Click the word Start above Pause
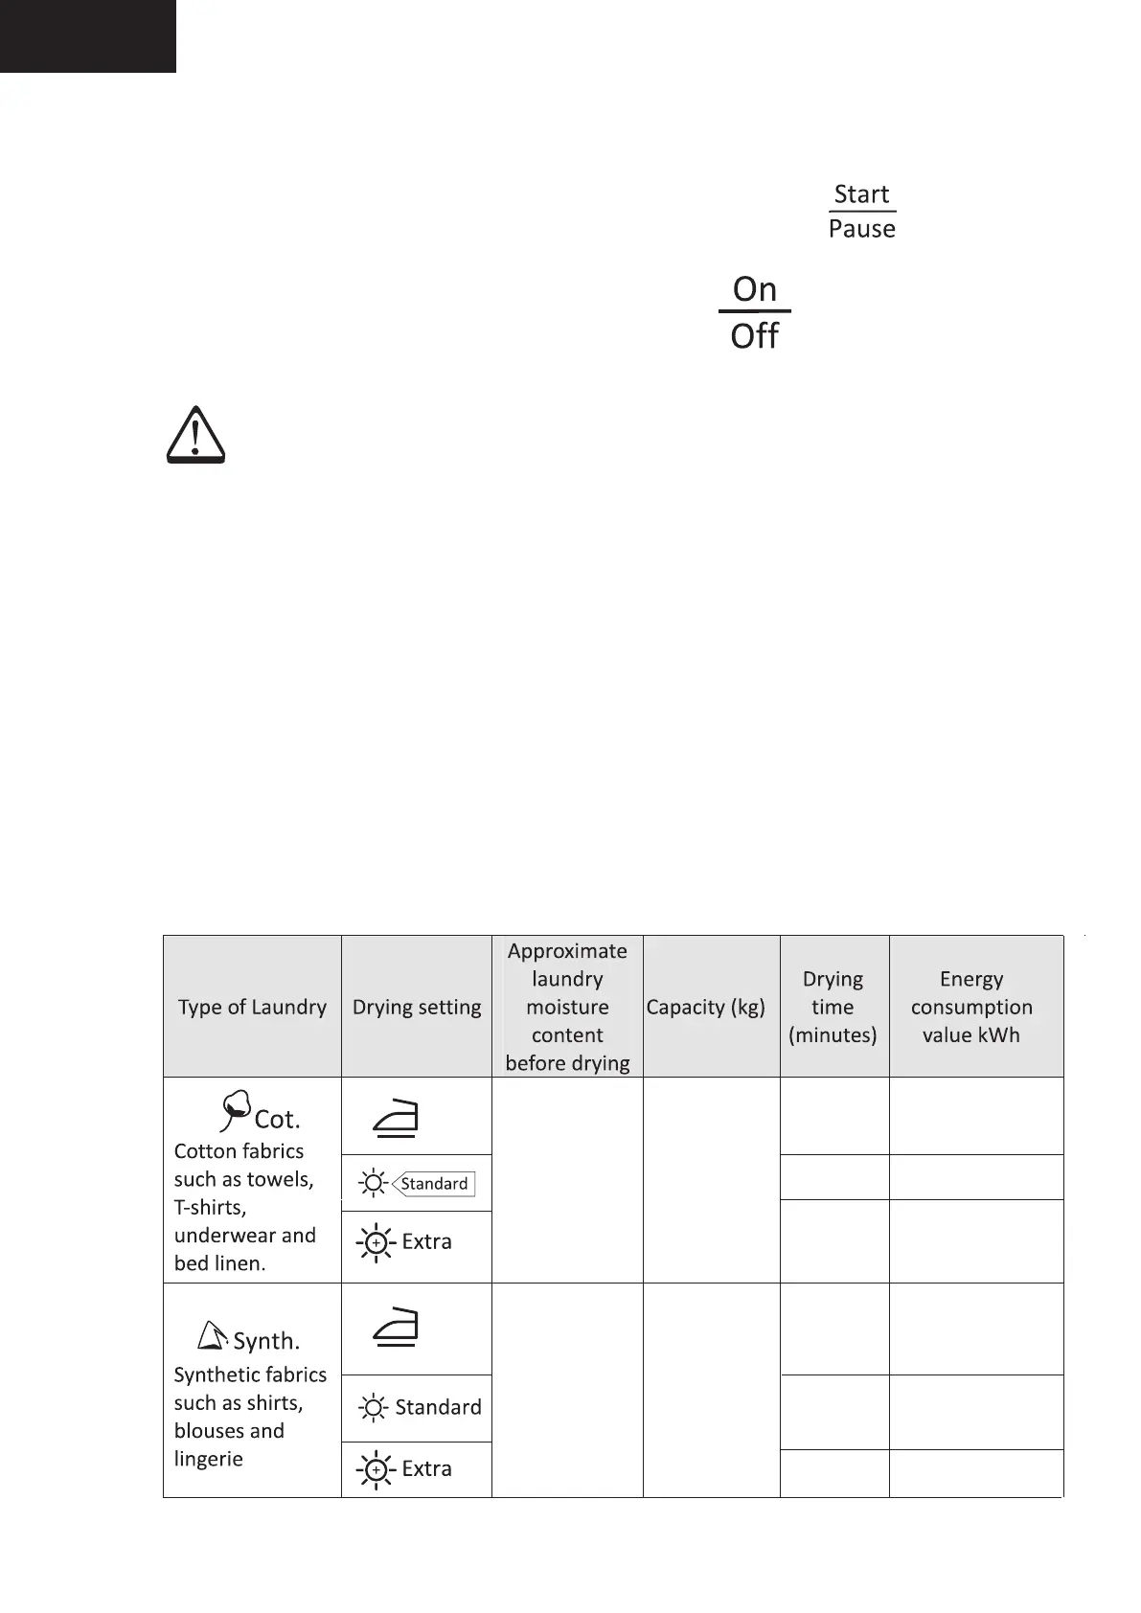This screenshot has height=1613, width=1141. point(861,194)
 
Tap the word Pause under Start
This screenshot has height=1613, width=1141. point(861,229)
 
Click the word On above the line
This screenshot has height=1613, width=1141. point(754,288)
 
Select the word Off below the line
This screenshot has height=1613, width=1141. point(754,336)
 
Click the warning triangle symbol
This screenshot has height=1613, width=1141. point(195,437)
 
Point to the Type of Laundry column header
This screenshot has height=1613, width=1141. point(252,1007)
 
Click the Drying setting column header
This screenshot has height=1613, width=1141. point(417,1007)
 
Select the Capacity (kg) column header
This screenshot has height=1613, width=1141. point(706,1007)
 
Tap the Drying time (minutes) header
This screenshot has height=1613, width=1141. point(833,1007)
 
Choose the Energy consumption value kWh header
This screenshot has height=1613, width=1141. point(971,1007)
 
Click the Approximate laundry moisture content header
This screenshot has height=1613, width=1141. point(567,1007)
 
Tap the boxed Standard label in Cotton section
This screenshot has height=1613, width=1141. point(434,1184)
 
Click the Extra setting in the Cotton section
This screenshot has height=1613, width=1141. point(426,1241)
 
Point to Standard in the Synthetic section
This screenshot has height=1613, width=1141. point(438,1407)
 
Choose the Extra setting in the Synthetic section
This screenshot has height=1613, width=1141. point(426,1468)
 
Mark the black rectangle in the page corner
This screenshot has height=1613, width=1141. point(87,35)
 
